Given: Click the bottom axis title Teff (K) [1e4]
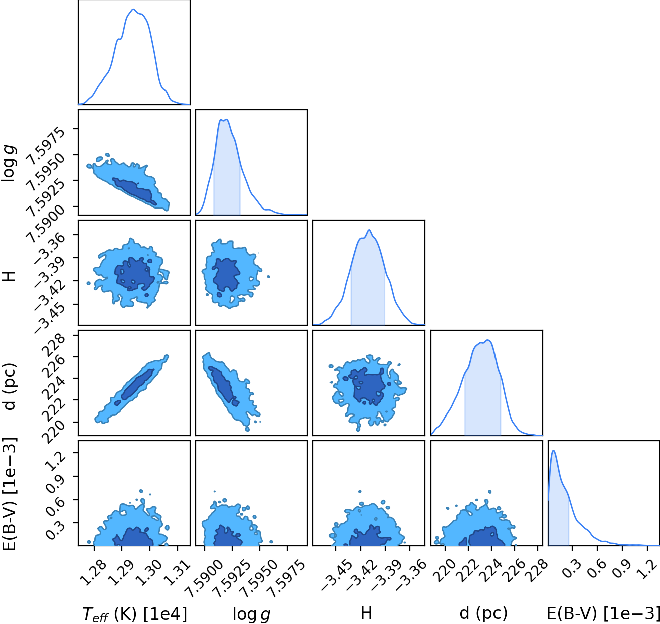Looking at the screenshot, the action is click(134, 614).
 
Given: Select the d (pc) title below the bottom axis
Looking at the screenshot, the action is click(483, 613).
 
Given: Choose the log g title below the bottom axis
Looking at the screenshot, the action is click(251, 614).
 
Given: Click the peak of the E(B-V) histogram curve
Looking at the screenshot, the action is click(553, 450).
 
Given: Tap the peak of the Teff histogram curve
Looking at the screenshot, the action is click(133, 9).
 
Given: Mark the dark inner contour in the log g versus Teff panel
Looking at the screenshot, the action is click(134, 191).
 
